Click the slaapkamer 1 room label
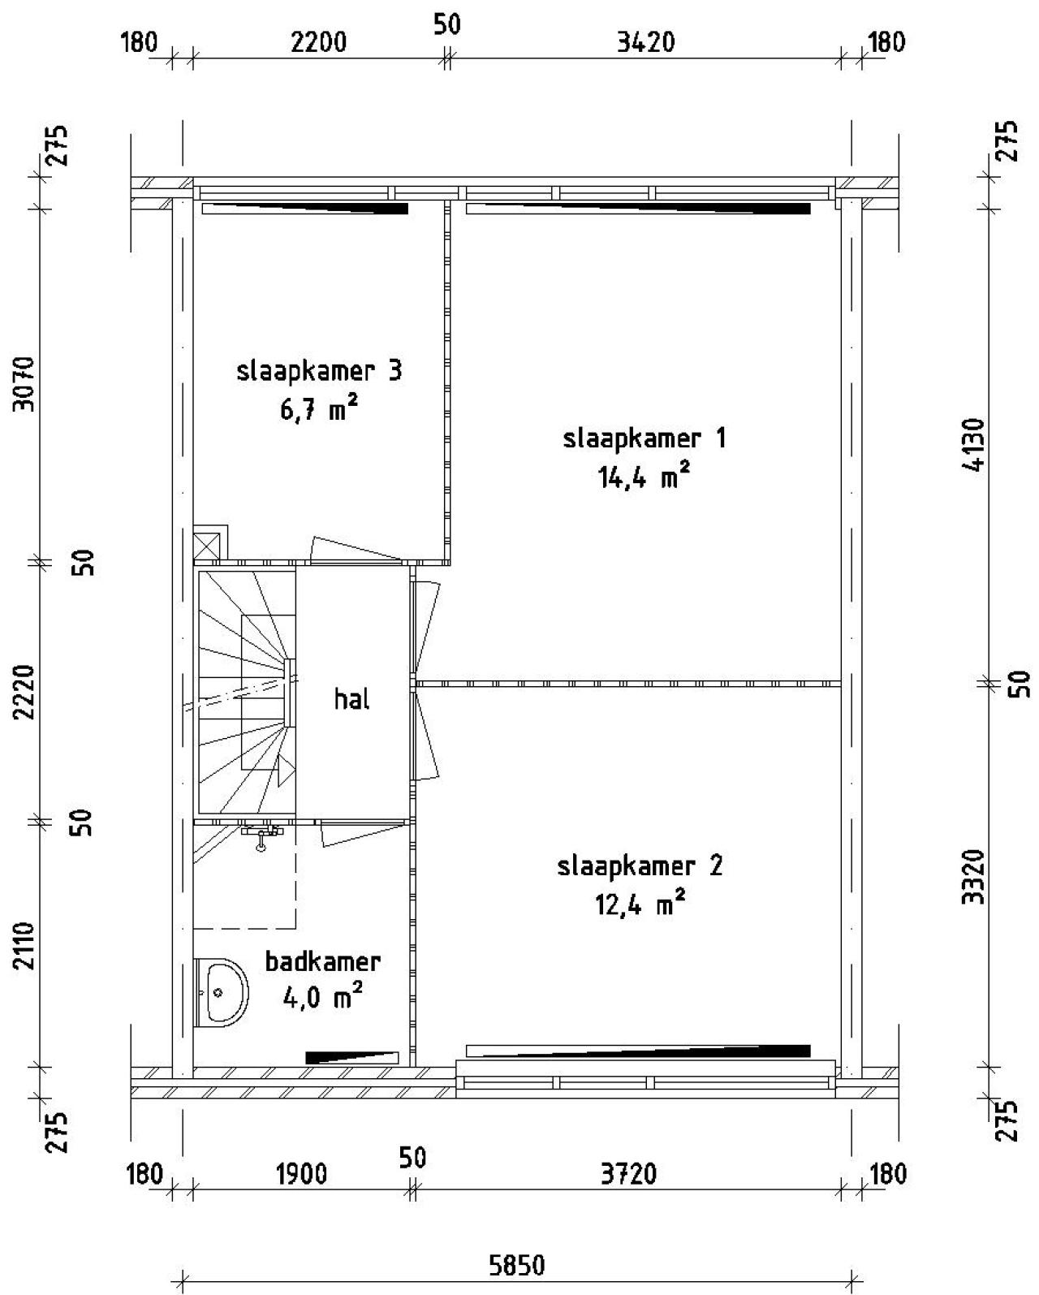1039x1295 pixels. pyautogui.click(x=645, y=438)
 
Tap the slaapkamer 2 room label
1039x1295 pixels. pyautogui.click(x=640, y=867)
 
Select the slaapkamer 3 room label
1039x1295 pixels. pyautogui.click(x=319, y=371)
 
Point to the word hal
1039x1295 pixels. pyautogui.click(x=352, y=698)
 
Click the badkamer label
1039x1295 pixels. pyautogui.click(x=322, y=962)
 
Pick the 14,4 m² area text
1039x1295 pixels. pyautogui.click(x=643, y=477)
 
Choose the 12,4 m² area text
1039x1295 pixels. pyautogui.click(x=640, y=904)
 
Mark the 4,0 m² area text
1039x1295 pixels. pyautogui.click(x=322, y=999)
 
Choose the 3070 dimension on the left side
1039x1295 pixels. pyautogui.click(x=24, y=384)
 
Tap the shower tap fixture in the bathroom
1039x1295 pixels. pyautogui.click(x=261, y=835)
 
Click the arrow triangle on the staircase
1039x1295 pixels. pyautogui.click(x=286, y=771)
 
